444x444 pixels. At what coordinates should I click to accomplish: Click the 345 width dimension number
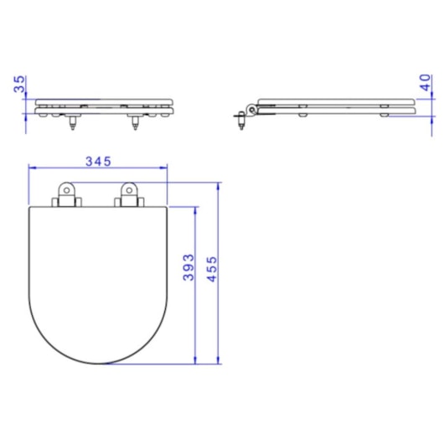click(98, 162)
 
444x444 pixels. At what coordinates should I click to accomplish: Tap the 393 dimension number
click(188, 267)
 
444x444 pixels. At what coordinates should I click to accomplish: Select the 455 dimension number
click(211, 269)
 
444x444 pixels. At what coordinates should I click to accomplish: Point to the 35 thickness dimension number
click(19, 84)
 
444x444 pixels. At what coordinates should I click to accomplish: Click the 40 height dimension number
click(425, 82)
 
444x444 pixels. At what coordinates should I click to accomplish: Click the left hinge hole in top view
click(67, 190)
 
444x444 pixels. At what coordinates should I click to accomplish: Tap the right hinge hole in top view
click(129, 190)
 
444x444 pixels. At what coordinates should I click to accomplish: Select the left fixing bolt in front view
click(73, 123)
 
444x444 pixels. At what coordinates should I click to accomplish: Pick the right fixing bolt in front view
click(136, 123)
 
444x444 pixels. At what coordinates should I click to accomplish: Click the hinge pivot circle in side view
click(251, 111)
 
